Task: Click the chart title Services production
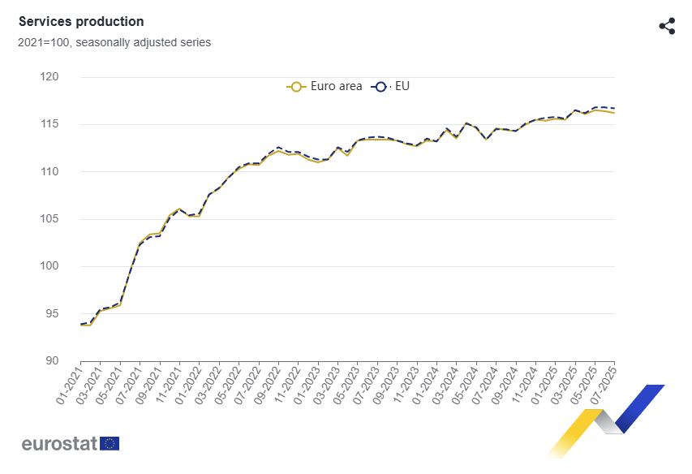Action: pyautogui.click(x=81, y=22)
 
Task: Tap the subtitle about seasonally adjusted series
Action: pyautogui.click(x=114, y=42)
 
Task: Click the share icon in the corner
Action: pyautogui.click(x=667, y=26)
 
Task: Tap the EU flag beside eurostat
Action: pyautogui.click(x=110, y=443)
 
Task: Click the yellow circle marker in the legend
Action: pyautogui.click(x=296, y=87)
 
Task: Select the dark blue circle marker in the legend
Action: pyautogui.click(x=380, y=87)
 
